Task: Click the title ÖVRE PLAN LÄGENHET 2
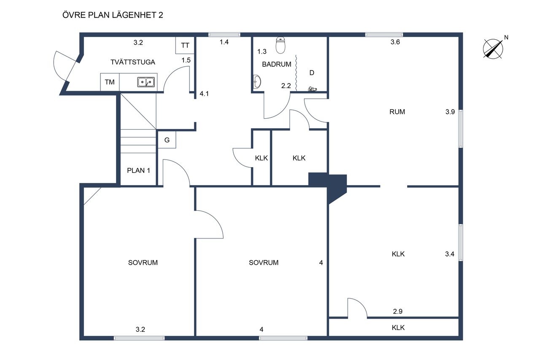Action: (x=113, y=15)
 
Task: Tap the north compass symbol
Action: (x=493, y=49)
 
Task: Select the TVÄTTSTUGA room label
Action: (x=133, y=62)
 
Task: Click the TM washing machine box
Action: (x=110, y=82)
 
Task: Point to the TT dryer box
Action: (x=185, y=45)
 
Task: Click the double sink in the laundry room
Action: (x=146, y=82)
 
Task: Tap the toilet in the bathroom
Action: (x=281, y=45)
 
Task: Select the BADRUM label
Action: (x=276, y=65)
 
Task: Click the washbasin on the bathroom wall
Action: (x=257, y=82)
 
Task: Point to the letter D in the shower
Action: (x=312, y=73)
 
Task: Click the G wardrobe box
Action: (x=167, y=140)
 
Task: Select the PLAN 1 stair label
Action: (x=139, y=171)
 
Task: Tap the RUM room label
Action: (x=397, y=112)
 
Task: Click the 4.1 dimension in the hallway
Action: (x=204, y=94)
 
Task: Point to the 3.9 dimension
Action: (x=450, y=112)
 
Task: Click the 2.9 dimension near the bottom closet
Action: (x=398, y=311)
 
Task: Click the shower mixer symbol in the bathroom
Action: (x=312, y=89)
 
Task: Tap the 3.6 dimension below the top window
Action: (x=395, y=42)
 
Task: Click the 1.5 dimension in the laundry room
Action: (x=186, y=60)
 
